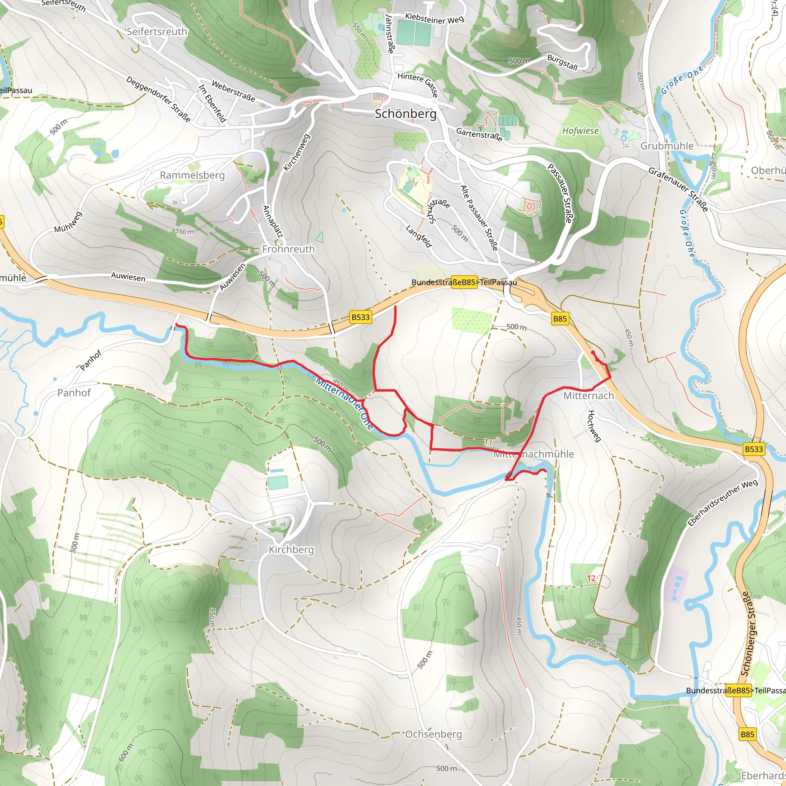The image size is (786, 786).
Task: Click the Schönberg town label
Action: point(405,114)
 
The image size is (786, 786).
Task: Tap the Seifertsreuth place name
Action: point(157,31)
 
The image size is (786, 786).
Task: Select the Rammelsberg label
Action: point(192,175)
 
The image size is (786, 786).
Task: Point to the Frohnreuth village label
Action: point(288,249)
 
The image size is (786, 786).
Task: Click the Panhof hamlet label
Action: point(74,393)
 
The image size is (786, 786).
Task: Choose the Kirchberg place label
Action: point(291,550)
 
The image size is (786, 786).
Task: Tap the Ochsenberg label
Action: point(433,734)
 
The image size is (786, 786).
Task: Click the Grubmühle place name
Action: point(667,145)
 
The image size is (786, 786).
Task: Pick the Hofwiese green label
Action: point(580,130)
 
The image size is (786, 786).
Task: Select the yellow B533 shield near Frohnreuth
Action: point(360,317)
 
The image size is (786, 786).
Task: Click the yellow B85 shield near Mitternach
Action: point(560,319)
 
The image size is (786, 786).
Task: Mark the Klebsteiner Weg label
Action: point(434,18)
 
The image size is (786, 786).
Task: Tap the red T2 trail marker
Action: point(591,578)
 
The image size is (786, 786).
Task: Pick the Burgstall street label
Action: point(562,62)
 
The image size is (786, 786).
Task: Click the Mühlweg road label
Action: point(68,222)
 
